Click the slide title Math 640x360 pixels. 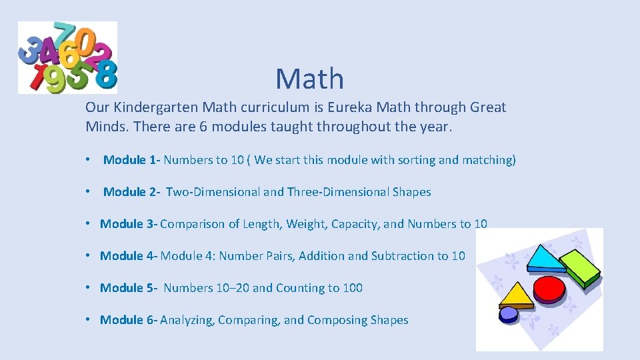310,79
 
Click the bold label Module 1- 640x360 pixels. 132,160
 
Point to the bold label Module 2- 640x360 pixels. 132,192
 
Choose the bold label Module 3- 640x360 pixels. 129,224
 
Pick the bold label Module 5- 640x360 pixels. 129,288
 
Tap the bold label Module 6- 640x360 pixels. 129,320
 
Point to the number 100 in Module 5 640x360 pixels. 353,288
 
